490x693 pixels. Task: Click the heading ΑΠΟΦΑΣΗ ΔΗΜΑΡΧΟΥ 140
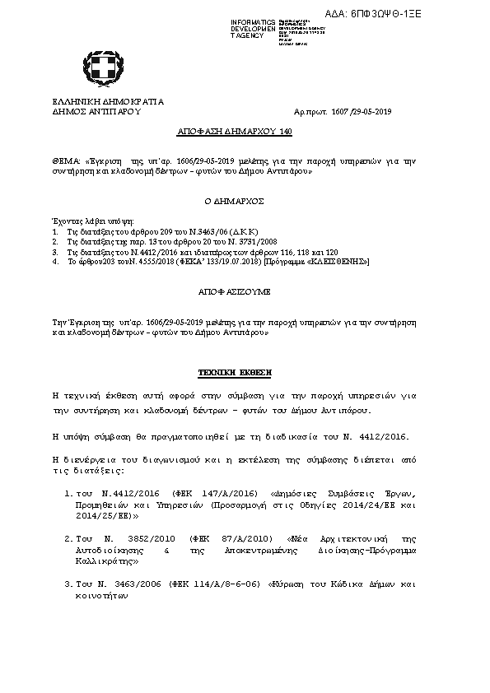(x=235, y=131)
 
